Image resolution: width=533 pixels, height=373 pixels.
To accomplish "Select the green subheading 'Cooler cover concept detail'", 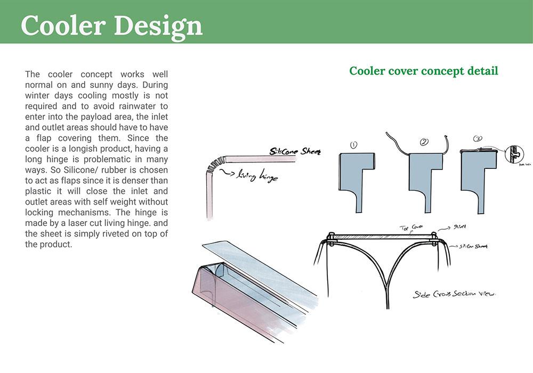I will point(424,71).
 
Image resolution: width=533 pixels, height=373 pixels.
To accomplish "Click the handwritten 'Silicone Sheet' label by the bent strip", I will point(295,152).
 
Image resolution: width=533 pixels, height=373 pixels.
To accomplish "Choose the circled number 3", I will point(478,140).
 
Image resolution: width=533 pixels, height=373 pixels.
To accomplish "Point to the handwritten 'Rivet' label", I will point(459,226).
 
